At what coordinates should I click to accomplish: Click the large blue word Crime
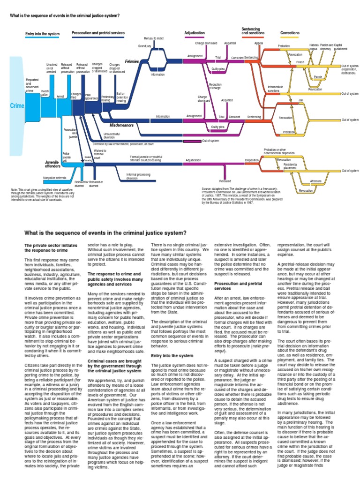click(x=17, y=106)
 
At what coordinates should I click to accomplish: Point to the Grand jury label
click(x=144, y=46)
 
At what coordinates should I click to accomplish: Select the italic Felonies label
click(x=132, y=61)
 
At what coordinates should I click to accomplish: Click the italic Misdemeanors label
click(x=121, y=126)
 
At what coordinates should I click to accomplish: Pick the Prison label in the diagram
click(x=300, y=62)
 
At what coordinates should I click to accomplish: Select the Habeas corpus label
click(x=314, y=47)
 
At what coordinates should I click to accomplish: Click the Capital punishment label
click(x=341, y=47)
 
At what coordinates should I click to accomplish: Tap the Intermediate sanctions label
click(x=275, y=88)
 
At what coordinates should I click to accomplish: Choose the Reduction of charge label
click(x=215, y=86)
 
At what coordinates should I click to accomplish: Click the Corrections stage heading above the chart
click(x=290, y=33)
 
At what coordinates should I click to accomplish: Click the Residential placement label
click(x=290, y=166)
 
